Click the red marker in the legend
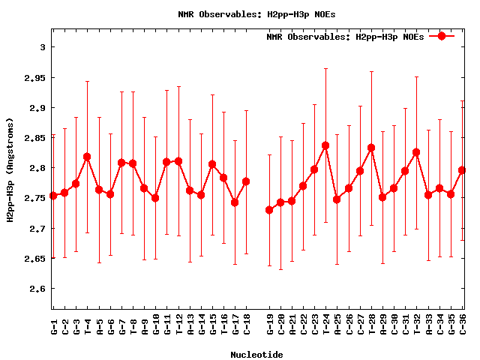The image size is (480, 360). tap(442, 36)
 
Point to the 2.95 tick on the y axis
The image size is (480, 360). tap(34, 77)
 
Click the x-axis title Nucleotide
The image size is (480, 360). tap(256, 354)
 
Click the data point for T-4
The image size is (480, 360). tap(87, 157)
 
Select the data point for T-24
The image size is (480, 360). tap(325, 145)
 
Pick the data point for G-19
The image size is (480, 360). tap(269, 210)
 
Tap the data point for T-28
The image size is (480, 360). tap(371, 148)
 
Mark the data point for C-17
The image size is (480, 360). tap(235, 202)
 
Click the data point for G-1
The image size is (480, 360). tap(53, 196)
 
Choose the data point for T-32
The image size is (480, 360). tap(416, 152)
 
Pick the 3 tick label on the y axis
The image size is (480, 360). tap(43, 47)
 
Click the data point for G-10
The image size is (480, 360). tap(155, 198)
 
